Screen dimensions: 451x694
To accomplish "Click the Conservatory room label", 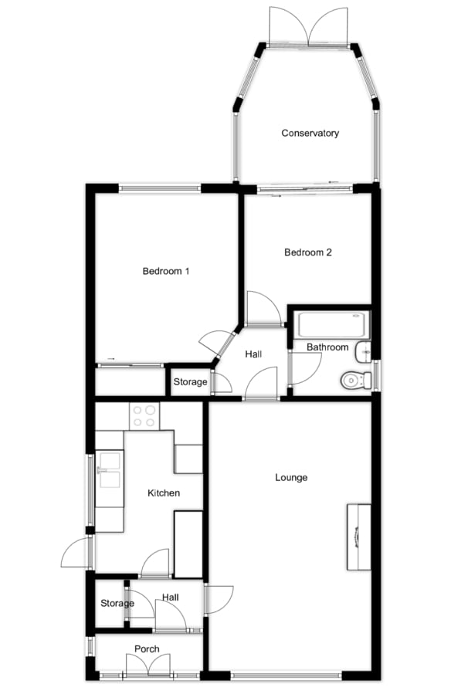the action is tap(310, 133).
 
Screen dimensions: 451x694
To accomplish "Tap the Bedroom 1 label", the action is tap(166, 271).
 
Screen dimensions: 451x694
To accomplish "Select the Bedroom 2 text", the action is tap(308, 252).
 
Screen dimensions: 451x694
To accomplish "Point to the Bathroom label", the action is tap(327, 347).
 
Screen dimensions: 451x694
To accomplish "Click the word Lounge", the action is tap(291, 478).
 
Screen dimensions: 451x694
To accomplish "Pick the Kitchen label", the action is tap(164, 493).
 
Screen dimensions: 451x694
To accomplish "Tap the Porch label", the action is tap(147, 649).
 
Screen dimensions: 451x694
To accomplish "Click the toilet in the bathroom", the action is tap(356, 380).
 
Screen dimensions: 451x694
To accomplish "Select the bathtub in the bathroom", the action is tap(334, 325).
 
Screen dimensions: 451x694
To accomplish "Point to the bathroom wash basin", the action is tap(365, 352).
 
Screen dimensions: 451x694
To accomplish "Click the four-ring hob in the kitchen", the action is tap(144, 416).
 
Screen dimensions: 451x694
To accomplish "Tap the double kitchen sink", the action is tap(110, 469).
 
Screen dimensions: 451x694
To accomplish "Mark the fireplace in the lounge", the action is tap(359, 537).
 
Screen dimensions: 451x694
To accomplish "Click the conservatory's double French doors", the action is tap(308, 25).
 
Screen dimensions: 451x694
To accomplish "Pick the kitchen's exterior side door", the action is tap(76, 552).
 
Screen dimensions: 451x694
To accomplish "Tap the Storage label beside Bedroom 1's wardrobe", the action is tap(190, 382).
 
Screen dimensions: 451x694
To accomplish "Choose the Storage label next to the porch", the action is tap(117, 603).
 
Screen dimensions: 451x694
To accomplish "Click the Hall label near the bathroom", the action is tap(253, 354).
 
